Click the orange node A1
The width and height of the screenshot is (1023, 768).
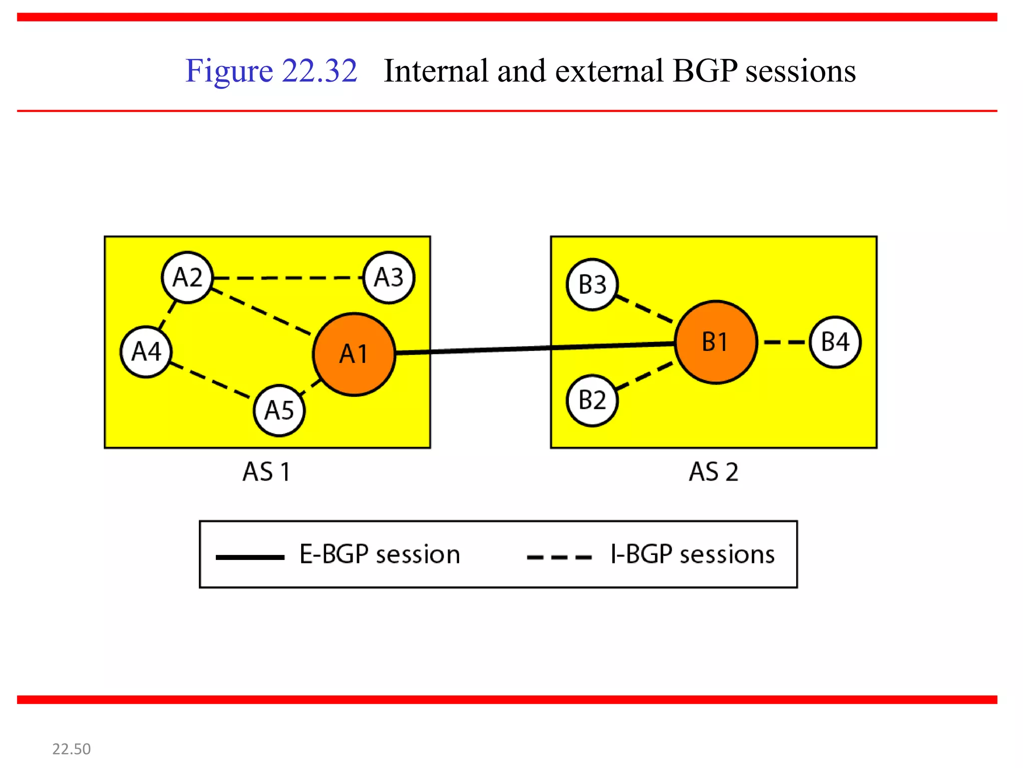point(354,354)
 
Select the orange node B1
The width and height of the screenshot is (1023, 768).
point(715,342)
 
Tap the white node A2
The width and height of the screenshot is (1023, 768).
point(187,277)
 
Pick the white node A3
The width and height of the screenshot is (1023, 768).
point(389,277)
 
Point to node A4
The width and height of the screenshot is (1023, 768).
point(146,351)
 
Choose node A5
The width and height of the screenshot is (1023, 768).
point(279,410)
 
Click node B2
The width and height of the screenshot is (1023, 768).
point(592,400)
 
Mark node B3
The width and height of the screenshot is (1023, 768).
point(592,284)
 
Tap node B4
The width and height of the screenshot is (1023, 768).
point(835,342)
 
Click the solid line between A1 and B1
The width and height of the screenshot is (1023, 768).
point(534,348)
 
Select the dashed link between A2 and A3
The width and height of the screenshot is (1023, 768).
point(288,277)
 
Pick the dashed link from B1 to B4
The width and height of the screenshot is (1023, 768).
point(784,342)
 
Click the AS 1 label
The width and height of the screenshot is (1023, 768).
point(266,471)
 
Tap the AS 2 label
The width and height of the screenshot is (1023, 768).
point(713,471)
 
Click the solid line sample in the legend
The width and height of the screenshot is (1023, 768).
point(250,557)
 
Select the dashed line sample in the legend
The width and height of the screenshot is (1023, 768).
point(559,557)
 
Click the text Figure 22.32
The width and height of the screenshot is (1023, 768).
point(271,70)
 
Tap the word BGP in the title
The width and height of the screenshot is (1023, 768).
point(704,70)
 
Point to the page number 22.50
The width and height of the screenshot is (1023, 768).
point(71,748)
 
